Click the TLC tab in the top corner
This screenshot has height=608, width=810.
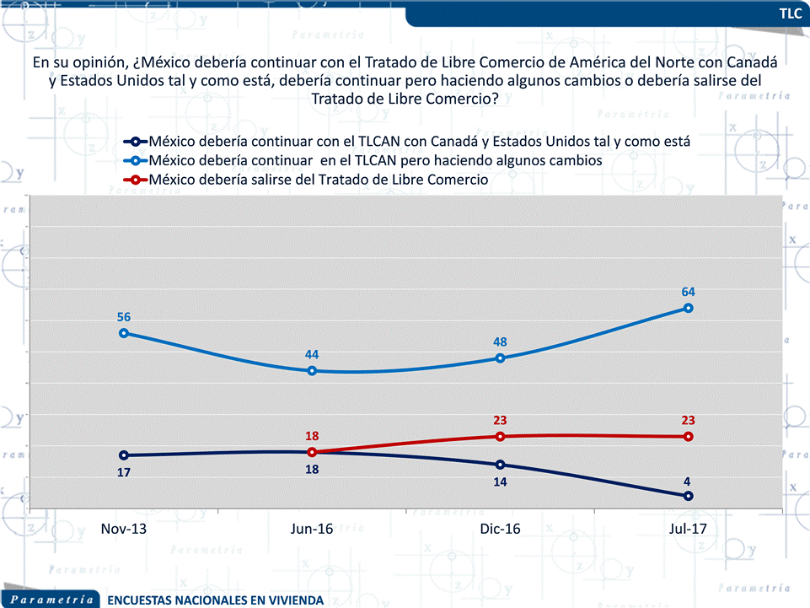pos(790,13)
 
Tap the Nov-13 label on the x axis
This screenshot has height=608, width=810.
pos(124,530)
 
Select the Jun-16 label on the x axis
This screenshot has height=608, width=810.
pos(312,530)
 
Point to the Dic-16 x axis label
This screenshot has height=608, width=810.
pos(500,530)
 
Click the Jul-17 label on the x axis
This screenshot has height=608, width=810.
pos(688,530)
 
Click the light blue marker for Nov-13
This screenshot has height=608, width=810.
pos(124,333)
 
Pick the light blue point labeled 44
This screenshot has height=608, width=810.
pos(312,371)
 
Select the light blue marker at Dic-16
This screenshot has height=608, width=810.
pos(500,358)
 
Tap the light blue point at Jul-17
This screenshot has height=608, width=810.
pos(689,308)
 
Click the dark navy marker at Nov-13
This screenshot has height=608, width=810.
pos(124,455)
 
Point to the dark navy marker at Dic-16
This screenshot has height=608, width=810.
pos(500,465)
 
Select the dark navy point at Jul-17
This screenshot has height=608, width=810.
pos(689,496)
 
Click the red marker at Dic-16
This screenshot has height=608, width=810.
pos(500,436)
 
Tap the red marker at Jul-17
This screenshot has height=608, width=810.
pos(689,436)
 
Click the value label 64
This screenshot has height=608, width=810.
pos(688,292)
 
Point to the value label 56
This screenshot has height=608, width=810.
pos(124,317)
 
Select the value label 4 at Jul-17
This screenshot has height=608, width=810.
pos(688,481)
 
